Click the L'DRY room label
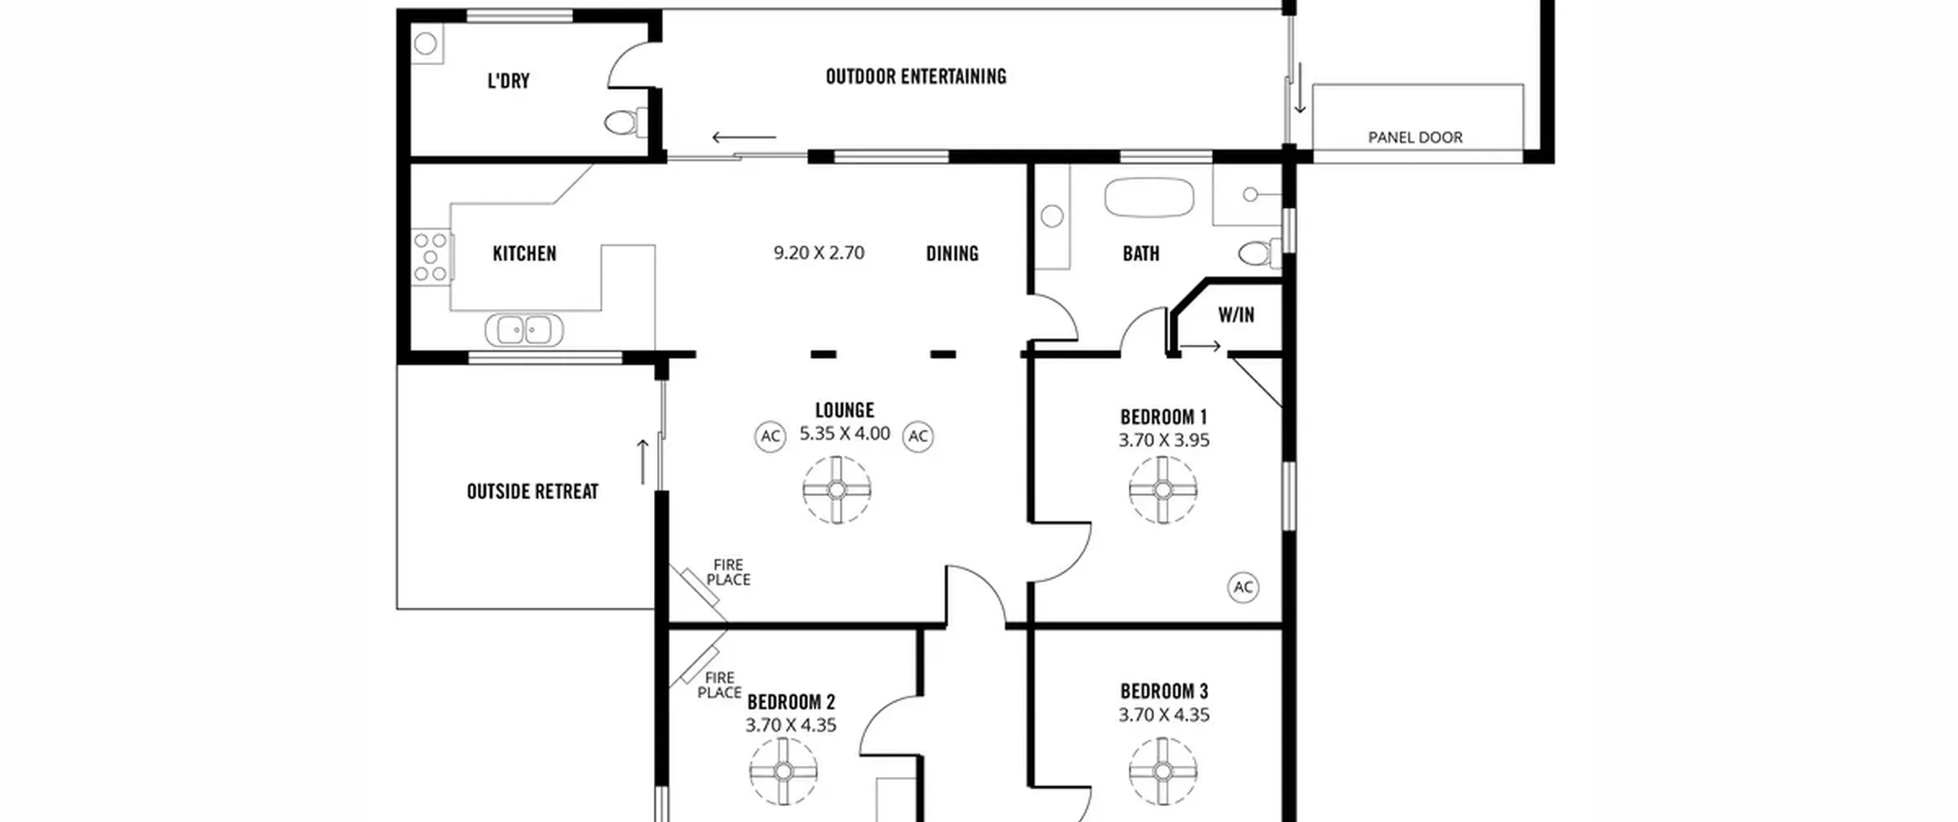coord(509,81)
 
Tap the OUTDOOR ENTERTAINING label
coord(916,76)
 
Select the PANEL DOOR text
coord(1415,138)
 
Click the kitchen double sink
coord(525,330)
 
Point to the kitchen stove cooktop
coord(431,258)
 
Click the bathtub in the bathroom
coord(1149,197)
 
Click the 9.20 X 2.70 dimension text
coord(818,253)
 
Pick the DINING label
coord(952,253)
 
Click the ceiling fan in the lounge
coord(837,490)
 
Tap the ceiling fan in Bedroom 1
coord(1163,490)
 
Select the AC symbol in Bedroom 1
coord(1244,587)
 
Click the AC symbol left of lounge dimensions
coord(770,437)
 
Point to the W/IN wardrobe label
coord(1236,314)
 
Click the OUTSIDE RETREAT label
coord(532,491)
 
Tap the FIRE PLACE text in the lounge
coord(728,572)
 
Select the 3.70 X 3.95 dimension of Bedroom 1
coord(1163,440)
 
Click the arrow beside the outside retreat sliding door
coord(642,462)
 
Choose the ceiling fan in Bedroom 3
coord(1163,772)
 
